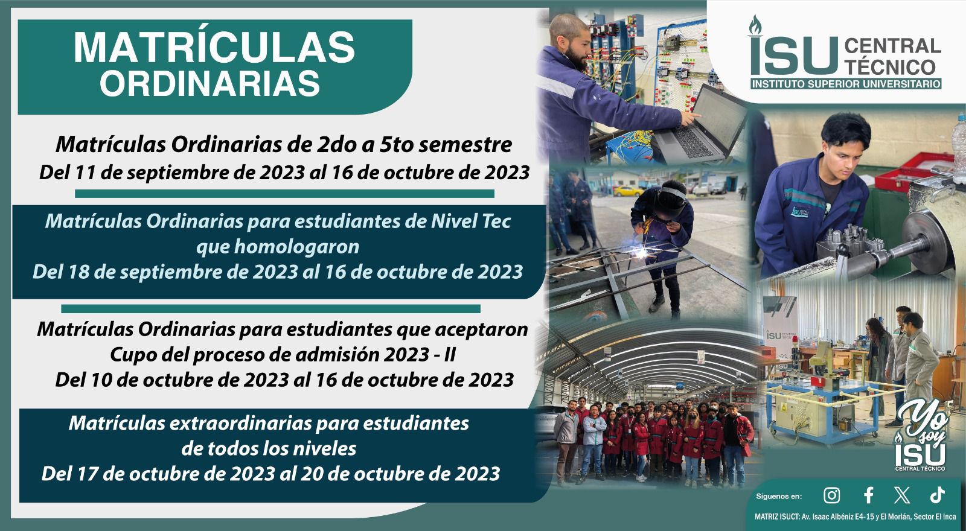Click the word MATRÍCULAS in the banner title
[x=214, y=48]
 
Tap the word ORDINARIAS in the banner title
[x=210, y=83]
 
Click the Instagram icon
[x=831, y=495]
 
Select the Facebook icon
[x=869, y=495]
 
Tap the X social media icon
[x=902, y=495]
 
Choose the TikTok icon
[x=938, y=495]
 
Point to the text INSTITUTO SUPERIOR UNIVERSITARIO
[x=846, y=84]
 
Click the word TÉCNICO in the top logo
[x=890, y=67]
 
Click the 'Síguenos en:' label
[x=779, y=497]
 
